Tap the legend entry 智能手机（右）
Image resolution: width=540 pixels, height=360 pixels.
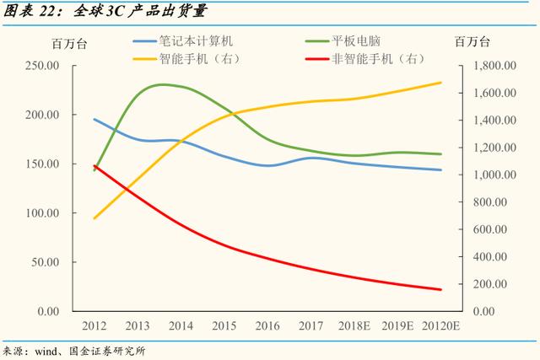click(199, 59)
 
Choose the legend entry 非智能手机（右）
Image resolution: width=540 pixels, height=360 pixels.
click(372, 59)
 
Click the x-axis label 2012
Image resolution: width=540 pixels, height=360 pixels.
click(94, 326)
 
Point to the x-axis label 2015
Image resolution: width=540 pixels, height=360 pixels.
click(224, 326)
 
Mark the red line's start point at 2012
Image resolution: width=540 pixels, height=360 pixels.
click(94, 166)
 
